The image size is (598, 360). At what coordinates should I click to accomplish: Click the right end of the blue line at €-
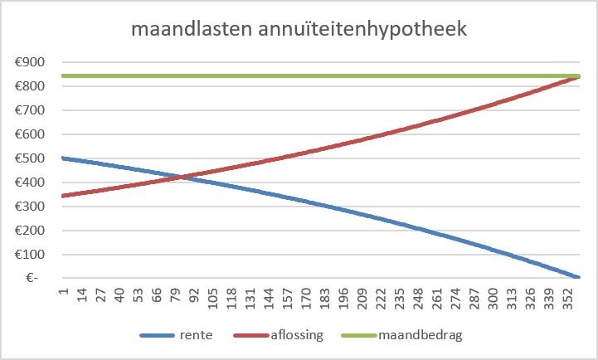[x=577, y=277]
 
